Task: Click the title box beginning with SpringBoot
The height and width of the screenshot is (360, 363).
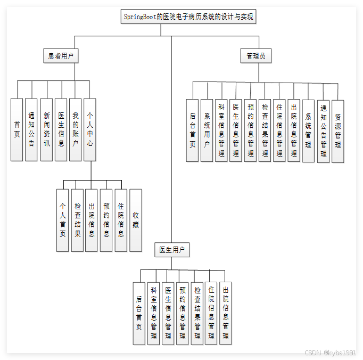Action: [189, 17]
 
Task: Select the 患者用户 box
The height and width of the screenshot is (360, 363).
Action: [60, 55]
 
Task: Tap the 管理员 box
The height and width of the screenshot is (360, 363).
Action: [255, 55]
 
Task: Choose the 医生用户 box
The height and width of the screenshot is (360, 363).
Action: [172, 250]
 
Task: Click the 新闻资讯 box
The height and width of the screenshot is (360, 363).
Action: [46, 129]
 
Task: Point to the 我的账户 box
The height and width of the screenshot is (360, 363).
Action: [75, 129]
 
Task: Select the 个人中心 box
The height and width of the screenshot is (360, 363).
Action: [90, 129]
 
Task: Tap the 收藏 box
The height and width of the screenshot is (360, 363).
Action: [136, 220]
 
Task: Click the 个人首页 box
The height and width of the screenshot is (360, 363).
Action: [63, 220]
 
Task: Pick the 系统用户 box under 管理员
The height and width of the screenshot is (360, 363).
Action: [207, 130]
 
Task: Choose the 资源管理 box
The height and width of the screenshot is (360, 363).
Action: [337, 130]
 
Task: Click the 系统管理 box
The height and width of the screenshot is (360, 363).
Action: [308, 130]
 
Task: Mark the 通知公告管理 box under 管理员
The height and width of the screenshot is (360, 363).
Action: [323, 130]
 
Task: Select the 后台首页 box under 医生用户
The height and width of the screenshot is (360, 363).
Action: [139, 313]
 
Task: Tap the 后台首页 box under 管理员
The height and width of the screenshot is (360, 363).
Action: [192, 130]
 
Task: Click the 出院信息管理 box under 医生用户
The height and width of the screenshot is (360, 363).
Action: [226, 313]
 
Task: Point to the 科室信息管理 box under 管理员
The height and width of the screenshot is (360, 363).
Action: [221, 130]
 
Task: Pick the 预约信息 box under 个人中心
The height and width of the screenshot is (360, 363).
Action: [106, 220]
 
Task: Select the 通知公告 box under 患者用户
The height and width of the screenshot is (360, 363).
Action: [31, 129]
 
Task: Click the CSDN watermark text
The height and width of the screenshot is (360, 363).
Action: [329, 353]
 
